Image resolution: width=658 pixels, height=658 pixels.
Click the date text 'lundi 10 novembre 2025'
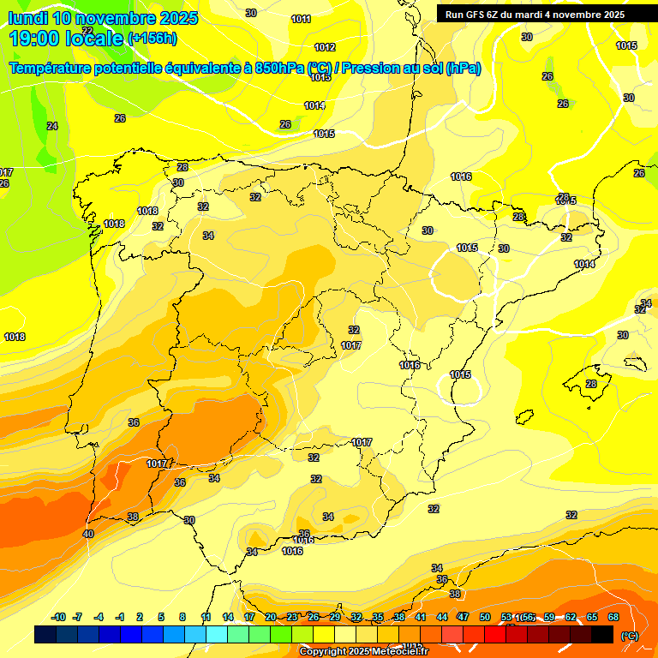click(x=103, y=18)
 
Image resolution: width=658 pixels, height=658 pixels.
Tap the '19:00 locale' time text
click(x=64, y=38)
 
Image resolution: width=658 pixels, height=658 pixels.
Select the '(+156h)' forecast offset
click(x=152, y=38)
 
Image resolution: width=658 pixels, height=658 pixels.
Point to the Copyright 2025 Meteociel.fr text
click(x=363, y=651)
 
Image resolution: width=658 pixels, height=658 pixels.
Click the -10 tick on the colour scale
click(x=58, y=617)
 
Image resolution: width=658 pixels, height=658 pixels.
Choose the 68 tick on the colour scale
click(x=613, y=617)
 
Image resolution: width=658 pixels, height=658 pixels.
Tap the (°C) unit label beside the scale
click(x=630, y=635)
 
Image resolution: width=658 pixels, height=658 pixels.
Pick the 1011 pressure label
click(x=301, y=19)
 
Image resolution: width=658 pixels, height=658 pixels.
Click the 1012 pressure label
click(x=325, y=47)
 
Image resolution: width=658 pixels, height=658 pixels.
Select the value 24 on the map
click(x=52, y=126)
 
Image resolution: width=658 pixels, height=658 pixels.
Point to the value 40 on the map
click(x=88, y=534)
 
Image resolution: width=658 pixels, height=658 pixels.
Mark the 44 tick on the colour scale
click(x=442, y=617)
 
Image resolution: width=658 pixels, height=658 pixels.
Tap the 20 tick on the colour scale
click(x=271, y=617)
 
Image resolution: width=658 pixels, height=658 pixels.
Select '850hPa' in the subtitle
click(x=279, y=69)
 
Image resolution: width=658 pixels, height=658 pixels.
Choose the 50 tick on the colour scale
click(x=485, y=617)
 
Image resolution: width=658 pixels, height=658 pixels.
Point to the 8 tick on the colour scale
click(x=182, y=617)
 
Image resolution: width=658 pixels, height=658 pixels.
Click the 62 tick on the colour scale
click(x=571, y=617)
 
